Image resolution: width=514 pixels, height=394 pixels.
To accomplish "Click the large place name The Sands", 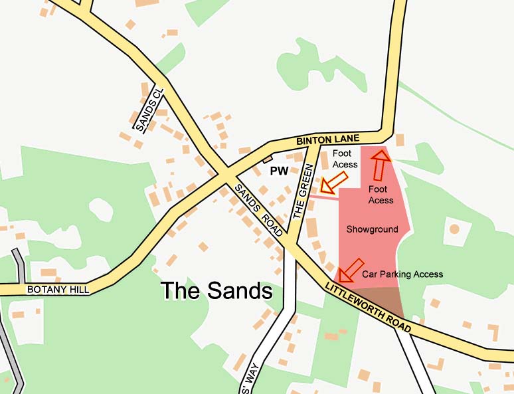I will (x=217, y=291).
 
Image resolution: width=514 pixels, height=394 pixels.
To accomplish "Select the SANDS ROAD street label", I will (x=258, y=209).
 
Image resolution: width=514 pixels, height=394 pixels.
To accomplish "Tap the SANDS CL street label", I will (x=149, y=110).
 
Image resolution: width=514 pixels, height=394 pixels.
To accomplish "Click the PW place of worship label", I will (x=279, y=171).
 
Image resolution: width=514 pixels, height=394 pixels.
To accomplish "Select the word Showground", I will (x=373, y=229).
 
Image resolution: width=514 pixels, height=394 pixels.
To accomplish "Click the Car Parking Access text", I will (x=402, y=274).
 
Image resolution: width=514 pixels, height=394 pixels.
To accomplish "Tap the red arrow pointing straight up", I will (x=379, y=165).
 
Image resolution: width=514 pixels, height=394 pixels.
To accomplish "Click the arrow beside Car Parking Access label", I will (x=350, y=270).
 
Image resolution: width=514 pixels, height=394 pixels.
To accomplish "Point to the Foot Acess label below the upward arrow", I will (x=381, y=195).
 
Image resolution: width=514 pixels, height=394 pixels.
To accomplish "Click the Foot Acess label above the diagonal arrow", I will (x=345, y=159).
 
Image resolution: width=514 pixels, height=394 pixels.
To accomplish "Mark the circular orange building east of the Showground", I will (x=454, y=229).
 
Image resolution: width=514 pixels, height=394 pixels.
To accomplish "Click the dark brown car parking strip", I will (x=375, y=302).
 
